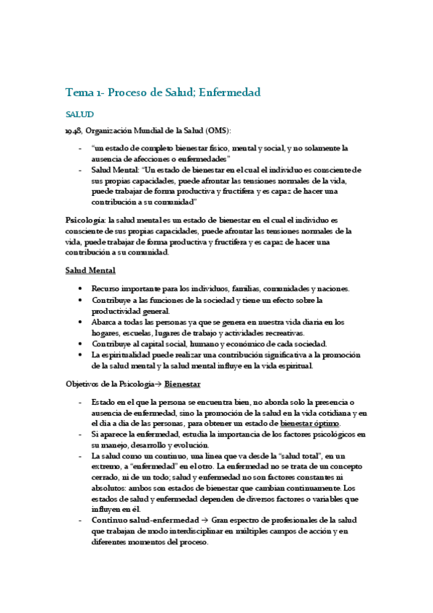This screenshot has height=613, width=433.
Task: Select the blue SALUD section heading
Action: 80,114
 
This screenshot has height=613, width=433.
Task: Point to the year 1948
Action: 73,130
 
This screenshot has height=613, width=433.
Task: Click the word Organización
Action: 111,130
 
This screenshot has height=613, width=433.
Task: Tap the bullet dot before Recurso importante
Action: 80,288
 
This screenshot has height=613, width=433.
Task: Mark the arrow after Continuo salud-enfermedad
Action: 205,520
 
